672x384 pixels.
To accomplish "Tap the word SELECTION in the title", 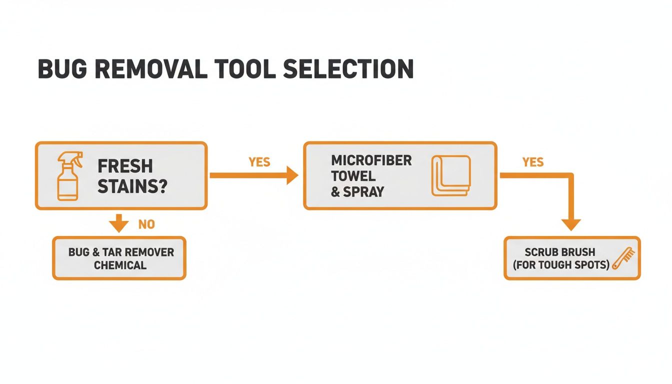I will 348,69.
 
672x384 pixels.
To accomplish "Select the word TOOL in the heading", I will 248,69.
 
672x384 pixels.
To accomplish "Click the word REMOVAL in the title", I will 157,69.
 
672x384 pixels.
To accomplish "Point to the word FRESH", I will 125,166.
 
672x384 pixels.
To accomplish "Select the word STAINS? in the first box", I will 132,186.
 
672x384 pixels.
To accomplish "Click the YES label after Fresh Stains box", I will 259,162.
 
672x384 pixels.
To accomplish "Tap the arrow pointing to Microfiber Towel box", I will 291,175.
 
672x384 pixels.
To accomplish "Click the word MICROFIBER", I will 371,160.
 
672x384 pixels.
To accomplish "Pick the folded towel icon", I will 450,175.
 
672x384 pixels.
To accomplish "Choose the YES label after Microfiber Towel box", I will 533,162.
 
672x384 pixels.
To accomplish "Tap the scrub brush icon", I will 622,258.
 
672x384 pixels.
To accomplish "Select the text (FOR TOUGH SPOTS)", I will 561,265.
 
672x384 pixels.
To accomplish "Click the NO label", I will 146,224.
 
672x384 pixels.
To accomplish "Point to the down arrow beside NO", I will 118,223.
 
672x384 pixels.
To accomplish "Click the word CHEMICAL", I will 120,264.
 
